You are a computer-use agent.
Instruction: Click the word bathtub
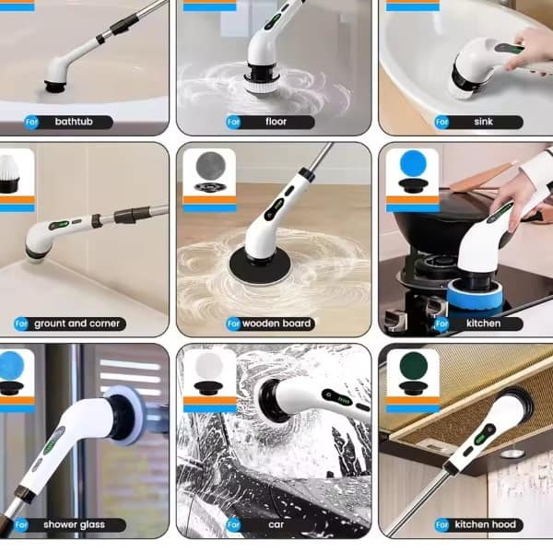(74, 122)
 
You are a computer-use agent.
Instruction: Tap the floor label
(276, 122)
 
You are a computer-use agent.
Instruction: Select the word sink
(483, 122)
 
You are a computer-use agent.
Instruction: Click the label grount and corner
(76, 324)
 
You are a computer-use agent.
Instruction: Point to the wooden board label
(276, 324)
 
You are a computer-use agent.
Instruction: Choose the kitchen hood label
(486, 524)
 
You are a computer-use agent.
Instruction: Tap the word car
(276, 524)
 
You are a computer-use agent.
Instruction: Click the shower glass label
(74, 524)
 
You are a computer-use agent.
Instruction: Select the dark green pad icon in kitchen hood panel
(413, 365)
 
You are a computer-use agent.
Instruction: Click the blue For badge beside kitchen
(442, 324)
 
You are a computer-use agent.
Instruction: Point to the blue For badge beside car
(233, 524)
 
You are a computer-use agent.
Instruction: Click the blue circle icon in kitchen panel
(413, 164)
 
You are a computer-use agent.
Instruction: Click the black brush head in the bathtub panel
(55, 86)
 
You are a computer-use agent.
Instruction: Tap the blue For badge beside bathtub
(31, 122)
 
